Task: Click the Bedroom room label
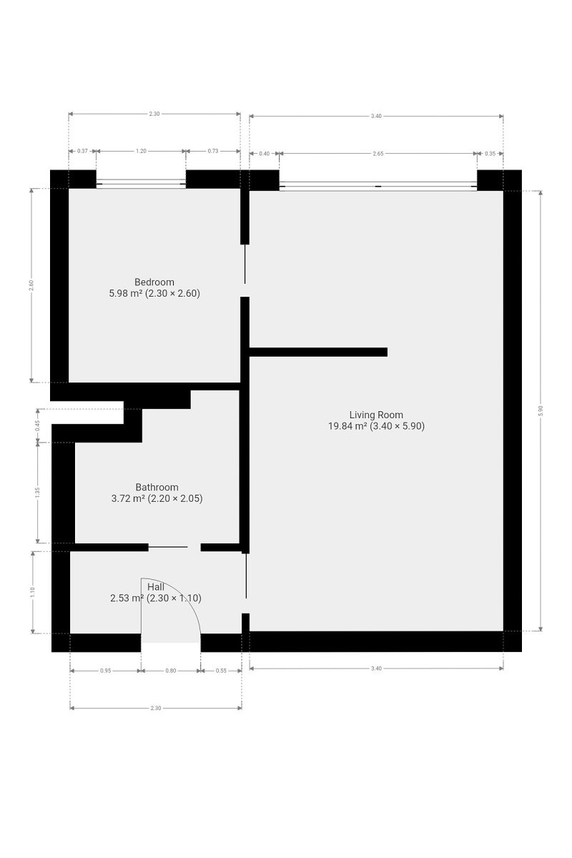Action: (x=154, y=282)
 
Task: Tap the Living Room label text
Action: (x=376, y=415)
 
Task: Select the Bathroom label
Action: (x=157, y=487)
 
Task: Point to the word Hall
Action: (x=156, y=587)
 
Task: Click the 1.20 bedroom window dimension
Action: (x=141, y=151)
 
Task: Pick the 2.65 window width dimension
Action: (x=378, y=154)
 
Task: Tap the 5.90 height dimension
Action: (x=541, y=410)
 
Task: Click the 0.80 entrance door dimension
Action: (x=170, y=671)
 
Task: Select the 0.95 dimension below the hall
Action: (x=105, y=671)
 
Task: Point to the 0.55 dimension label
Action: (x=221, y=671)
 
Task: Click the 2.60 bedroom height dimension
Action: (x=31, y=285)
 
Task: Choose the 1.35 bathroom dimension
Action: (x=37, y=493)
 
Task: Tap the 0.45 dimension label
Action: (x=37, y=425)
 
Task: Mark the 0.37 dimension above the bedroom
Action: (x=82, y=151)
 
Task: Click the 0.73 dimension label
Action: (x=213, y=151)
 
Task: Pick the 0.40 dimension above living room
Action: (x=265, y=154)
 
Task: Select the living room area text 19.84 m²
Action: (x=347, y=426)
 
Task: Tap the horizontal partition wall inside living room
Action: (x=318, y=352)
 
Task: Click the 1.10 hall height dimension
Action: (x=33, y=592)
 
